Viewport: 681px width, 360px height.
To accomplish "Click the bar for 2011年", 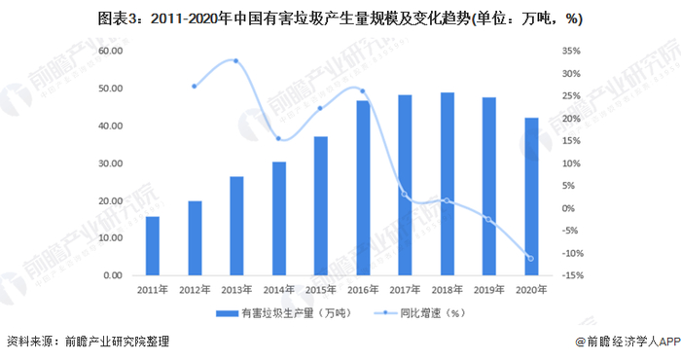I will click(x=152, y=245).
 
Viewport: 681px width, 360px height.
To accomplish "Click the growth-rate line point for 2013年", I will click(x=236, y=61).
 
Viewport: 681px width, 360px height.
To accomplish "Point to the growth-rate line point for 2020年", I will click(x=530, y=258).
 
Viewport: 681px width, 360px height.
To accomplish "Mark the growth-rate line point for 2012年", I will click(x=195, y=86).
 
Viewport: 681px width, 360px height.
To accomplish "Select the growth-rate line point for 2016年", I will click(x=362, y=91).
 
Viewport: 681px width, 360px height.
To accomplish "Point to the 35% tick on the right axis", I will click(x=572, y=52).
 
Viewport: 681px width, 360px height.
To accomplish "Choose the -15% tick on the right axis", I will click(x=572, y=275).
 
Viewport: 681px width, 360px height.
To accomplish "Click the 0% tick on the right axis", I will click(x=569, y=208).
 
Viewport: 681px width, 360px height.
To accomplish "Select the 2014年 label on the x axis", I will click(x=278, y=289).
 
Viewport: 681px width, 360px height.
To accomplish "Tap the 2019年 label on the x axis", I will click(x=488, y=289).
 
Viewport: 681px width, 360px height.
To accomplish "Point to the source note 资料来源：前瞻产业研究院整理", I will click(x=88, y=342).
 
